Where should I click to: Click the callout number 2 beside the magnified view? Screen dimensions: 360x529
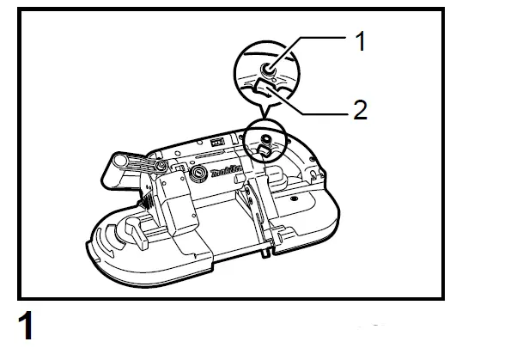click(x=362, y=111)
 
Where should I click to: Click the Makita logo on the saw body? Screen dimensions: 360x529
click(x=228, y=173)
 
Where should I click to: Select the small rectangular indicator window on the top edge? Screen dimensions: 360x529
click(x=217, y=141)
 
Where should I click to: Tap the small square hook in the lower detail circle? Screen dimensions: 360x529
click(x=264, y=150)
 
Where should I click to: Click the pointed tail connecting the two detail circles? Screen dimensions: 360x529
click(x=266, y=110)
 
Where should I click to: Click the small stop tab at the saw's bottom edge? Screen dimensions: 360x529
click(x=268, y=253)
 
